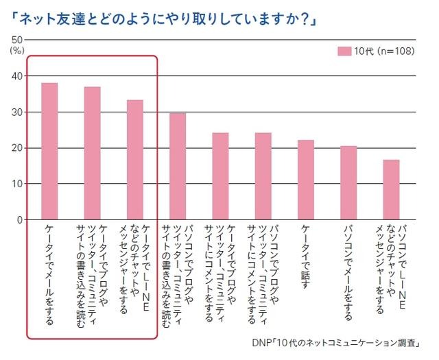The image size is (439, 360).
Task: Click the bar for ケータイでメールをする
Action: (x=49, y=151)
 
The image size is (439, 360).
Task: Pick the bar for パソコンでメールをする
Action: (x=348, y=182)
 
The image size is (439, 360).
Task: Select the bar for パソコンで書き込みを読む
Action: (x=178, y=167)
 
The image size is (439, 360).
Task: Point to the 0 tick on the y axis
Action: (x=20, y=220)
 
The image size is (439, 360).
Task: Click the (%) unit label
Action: (x=16, y=50)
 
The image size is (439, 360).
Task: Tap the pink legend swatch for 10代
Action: (x=344, y=51)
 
